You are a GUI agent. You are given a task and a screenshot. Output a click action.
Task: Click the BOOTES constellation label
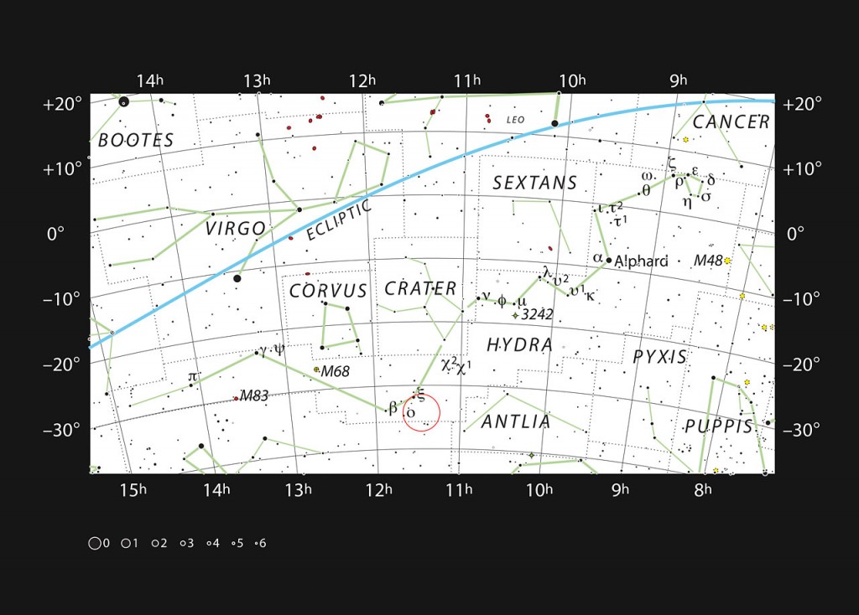click(x=136, y=140)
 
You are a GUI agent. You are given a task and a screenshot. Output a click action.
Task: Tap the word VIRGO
click(x=235, y=228)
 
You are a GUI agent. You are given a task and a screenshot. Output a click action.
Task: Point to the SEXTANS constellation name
click(x=534, y=183)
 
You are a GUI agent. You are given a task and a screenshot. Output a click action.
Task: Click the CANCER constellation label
click(x=731, y=122)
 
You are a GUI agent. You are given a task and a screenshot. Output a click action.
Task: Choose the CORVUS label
click(x=328, y=291)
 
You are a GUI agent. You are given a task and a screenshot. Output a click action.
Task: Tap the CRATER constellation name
click(x=420, y=289)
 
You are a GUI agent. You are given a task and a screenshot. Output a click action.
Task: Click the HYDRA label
click(x=520, y=344)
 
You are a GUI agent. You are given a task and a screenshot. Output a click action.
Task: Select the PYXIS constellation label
click(x=659, y=357)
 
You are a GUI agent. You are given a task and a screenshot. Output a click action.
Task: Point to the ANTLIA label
click(x=516, y=421)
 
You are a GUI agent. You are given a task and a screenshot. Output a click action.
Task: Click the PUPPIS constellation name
click(x=719, y=426)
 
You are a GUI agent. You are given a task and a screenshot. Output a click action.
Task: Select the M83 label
click(x=254, y=396)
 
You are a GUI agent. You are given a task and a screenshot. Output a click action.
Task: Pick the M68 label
click(x=335, y=370)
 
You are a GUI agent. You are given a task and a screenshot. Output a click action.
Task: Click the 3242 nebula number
click(x=537, y=315)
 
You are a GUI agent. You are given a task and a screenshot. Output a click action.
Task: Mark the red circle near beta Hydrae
click(x=421, y=412)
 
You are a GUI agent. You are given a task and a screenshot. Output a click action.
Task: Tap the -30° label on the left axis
click(x=61, y=429)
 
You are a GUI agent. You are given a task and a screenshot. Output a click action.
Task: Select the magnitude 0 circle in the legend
click(x=94, y=543)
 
